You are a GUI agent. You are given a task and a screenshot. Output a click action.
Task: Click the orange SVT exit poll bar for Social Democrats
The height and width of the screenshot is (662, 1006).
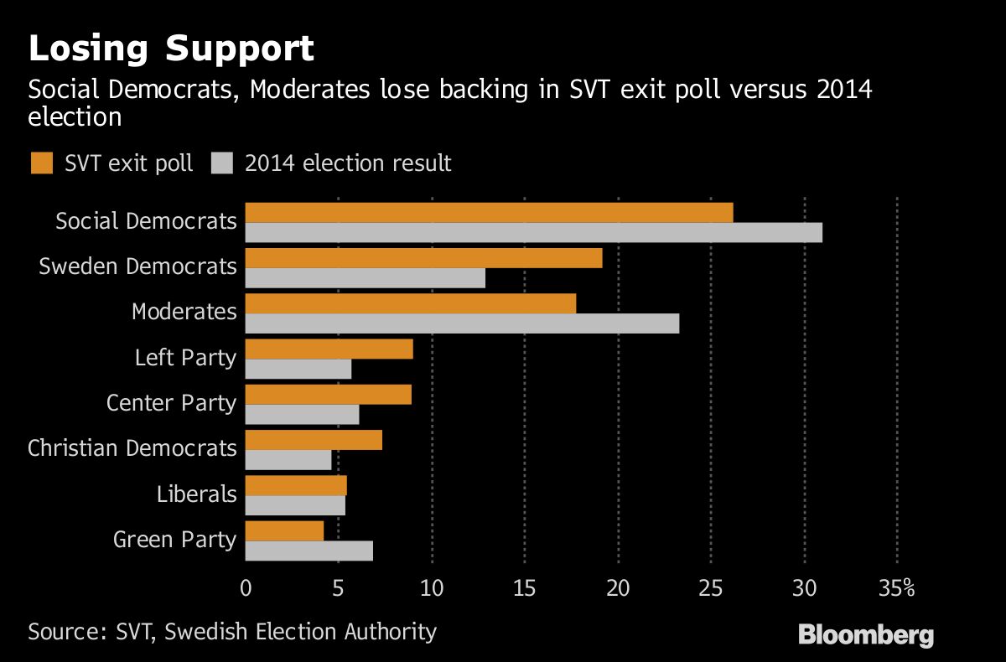click(x=489, y=213)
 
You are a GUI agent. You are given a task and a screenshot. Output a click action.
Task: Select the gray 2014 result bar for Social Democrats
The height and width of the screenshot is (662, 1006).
click(x=533, y=233)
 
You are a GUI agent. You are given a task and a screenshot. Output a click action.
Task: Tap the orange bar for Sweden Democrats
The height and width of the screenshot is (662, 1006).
click(x=423, y=258)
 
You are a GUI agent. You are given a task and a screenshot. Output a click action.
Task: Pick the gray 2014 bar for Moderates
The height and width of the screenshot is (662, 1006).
click(x=462, y=323)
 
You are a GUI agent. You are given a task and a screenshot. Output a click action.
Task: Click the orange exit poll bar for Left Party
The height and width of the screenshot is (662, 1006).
click(x=329, y=349)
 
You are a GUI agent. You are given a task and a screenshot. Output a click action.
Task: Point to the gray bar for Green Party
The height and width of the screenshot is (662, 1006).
click(x=309, y=551)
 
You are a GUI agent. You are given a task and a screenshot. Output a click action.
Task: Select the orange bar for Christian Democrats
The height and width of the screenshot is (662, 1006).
click(x=314, y=440)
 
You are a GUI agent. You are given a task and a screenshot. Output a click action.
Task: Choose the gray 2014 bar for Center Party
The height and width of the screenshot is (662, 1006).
click(x=302, y=415)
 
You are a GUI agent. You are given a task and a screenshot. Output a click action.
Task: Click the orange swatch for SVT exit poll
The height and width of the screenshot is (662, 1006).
click(x=41, y=163)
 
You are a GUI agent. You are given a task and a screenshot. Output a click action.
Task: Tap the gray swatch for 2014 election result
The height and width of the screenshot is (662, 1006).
click(x=221, y=163)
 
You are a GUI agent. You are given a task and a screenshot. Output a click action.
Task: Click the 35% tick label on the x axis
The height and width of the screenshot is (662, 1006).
click(x=897, y=589)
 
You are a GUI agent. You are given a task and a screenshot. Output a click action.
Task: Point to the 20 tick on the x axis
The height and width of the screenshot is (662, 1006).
click(x=618, y=589)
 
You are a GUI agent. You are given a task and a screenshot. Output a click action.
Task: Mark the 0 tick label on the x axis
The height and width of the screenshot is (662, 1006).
click(x=246, y=589)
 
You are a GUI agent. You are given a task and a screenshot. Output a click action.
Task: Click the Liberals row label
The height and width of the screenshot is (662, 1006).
click(x=196, y=494)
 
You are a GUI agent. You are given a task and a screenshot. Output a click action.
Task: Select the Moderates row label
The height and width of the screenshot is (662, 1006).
click(x=184, y=312)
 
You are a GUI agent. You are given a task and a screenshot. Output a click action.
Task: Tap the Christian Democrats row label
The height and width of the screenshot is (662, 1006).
click(x=132, y=448)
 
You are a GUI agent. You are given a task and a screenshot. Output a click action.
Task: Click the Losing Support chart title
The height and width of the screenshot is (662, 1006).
click(x=171, y=49)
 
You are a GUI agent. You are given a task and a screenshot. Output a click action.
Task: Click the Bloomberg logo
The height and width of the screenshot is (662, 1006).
click(x=865, y=634)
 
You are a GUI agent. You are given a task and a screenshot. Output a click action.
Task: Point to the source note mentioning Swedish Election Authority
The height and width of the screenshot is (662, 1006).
click(x=232, y=631)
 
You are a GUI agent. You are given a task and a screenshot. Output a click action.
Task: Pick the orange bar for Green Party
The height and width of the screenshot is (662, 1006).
click(x=284, y=530)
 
